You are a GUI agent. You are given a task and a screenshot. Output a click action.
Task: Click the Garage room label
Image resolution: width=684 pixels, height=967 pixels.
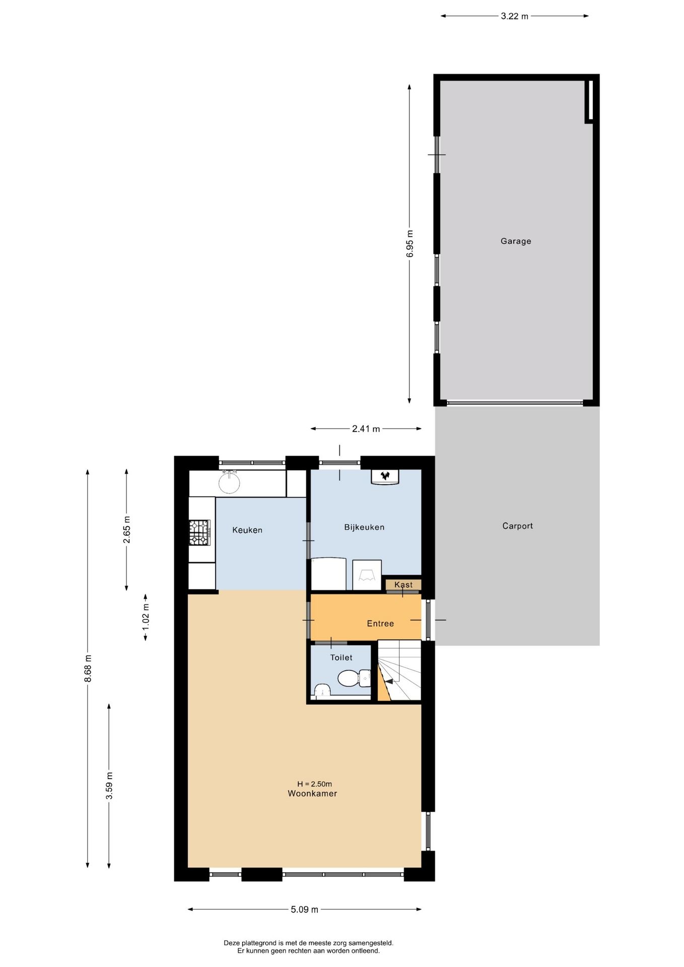[515, 241]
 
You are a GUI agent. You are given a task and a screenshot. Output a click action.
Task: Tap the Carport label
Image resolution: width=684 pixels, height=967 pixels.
[517, 526]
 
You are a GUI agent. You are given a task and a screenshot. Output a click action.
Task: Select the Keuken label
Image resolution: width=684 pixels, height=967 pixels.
[247, 530]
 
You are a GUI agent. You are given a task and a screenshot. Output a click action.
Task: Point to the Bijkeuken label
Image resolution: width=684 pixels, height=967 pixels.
[364, 527]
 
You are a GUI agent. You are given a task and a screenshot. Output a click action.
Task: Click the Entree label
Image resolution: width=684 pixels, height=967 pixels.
[380, 624]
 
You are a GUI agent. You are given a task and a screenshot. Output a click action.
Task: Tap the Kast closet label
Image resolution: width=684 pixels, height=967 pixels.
[403, 585]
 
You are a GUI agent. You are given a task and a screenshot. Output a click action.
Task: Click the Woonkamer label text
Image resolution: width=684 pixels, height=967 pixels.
[312, 794]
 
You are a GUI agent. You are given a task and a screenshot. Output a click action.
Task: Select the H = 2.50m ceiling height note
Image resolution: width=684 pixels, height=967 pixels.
[314, 784]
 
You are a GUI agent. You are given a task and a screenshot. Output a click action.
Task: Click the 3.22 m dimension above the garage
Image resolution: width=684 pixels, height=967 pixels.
[514, 16]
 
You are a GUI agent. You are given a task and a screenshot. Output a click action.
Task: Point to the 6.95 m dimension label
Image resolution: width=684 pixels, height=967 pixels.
[409, 244]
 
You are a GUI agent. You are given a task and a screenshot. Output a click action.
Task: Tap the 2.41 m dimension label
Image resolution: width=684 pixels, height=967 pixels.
[366, 429]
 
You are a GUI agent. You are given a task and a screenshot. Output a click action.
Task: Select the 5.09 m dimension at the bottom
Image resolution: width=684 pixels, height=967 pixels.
[304, 910]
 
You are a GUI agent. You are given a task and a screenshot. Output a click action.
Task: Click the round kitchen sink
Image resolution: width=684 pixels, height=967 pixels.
[229, 482]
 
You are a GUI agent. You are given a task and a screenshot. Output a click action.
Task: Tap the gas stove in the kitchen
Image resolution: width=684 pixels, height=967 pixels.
[199, 533]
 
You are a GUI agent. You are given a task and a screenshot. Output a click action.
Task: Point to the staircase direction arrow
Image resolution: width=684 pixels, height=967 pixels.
[388, 681]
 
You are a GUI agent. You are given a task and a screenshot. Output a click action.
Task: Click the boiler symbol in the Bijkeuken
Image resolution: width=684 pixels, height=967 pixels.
[385, 476]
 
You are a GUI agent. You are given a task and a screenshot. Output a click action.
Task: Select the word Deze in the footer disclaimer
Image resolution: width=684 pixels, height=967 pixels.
[232, 943]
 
